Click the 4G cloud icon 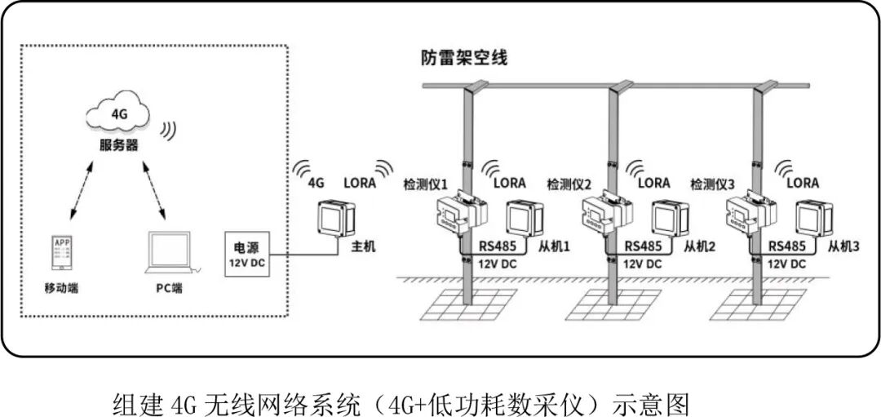119,114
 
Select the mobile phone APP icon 62,254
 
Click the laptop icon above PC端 170,254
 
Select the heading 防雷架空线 464,58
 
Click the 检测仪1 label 426,184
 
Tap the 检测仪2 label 569,184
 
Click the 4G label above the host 316,183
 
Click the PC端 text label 170,288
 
